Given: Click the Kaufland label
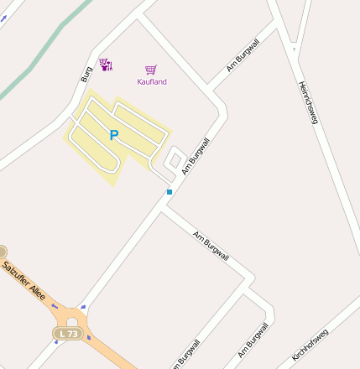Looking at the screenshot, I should (152, 81).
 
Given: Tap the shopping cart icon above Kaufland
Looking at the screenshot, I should (151, 70).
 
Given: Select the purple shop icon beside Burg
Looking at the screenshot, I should (106, 65).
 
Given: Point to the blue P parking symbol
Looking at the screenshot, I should (114, 135).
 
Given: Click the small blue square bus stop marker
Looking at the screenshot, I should (170, 192).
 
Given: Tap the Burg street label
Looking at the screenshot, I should (86, 74).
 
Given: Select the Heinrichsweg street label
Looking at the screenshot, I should (309, 102).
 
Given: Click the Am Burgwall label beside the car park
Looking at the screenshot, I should (195, 156).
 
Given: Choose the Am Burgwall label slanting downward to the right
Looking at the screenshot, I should (211, 246).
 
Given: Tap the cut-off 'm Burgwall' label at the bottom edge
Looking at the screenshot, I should (186, 354).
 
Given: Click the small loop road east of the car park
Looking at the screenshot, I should (175, 159).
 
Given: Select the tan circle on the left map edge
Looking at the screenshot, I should (3, 252).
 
